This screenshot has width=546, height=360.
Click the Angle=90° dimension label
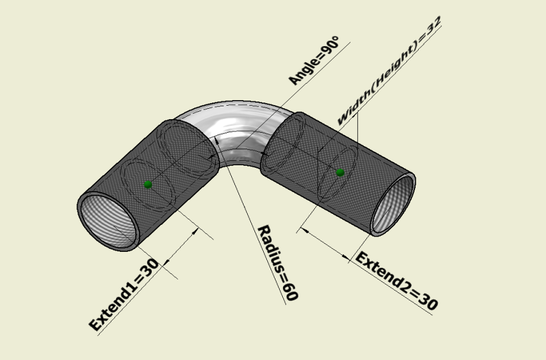(x=314, y=60)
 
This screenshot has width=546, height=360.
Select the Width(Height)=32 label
(x=389, y=70)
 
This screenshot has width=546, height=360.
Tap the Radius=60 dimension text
(x=278, y=263)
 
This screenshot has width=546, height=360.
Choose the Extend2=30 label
(x=396, y=281)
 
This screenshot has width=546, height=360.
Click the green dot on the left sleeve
(x=148, y=184)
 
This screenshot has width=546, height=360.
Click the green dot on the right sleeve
(x=340, y=172)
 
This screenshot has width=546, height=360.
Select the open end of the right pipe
(x=393, y=204)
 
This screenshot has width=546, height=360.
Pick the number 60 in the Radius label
(x=290, y=291)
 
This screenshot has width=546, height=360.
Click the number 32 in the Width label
(x=434, y=25)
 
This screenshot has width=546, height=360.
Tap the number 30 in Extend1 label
(x=151, y=268)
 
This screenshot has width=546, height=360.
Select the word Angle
(x=303, y=72)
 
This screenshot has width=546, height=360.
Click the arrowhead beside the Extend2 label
(x=346, y=257)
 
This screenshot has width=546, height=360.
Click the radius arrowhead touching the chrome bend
(x=217, y=140)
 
